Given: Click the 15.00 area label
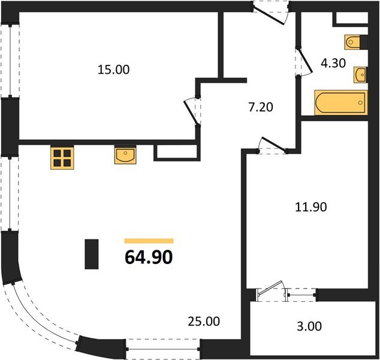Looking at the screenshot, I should click(x=113, y=70).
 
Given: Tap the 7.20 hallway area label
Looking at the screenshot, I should click(x=261, y=109).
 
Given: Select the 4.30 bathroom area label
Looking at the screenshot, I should click(x=334, y=62).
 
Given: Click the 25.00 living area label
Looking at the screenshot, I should click(x=204, y=322).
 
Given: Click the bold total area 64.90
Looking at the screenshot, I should click(x=149, y=257).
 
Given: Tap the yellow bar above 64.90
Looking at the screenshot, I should click(x=149, y=241).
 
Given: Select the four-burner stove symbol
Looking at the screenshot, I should click(x=61, y=157).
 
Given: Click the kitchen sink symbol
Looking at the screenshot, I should click(x=125, y=156).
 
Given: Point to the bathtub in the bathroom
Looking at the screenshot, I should click(x=340, y=103).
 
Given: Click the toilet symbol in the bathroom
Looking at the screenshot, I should click(x=354, y=42).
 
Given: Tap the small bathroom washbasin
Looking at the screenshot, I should click(x=360, y=74).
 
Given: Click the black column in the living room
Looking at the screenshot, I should click(x=92, y=254).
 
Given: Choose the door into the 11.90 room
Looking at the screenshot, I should click(x=270, y=146).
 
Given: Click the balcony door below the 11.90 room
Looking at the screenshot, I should click(x=270, y=293).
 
